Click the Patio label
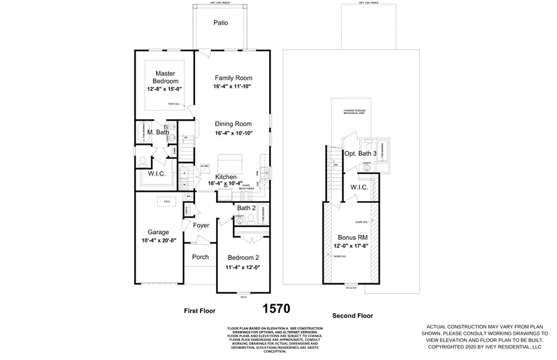click(221, 23)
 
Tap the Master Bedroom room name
click(165, 77)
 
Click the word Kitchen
click(227, 176)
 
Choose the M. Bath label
click(158, 132)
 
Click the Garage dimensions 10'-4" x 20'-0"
click(158, 241)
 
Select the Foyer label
click(201, 226)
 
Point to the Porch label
click(200, 257)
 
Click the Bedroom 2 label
click(243, 257)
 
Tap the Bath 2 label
click(246, 208)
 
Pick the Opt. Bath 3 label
click(360, 153)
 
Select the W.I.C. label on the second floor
click(360, 187)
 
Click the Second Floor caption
click(352, 315)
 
